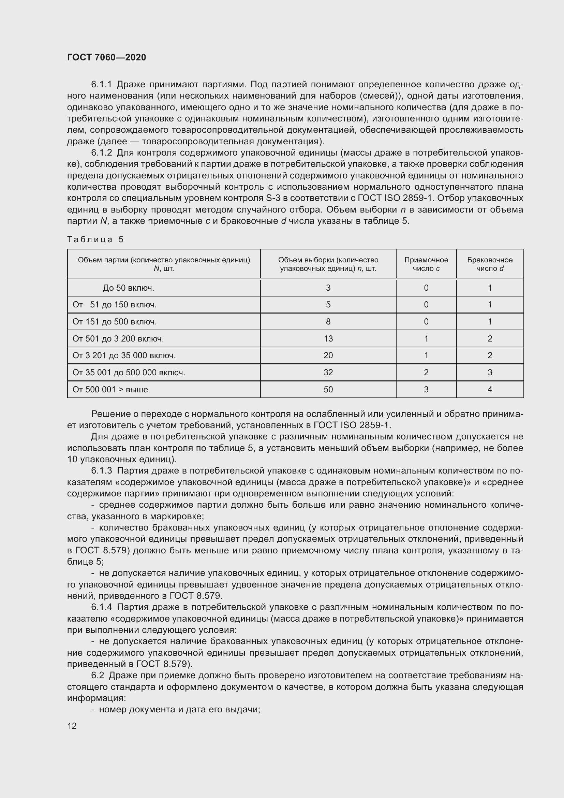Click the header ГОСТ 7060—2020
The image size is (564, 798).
[107, 57]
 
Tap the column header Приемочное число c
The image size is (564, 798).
[426, 264]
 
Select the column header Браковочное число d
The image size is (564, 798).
[490, 264]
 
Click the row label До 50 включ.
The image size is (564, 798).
[129, 288]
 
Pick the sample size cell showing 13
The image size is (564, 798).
[328, 338]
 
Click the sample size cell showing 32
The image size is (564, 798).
[328, 373]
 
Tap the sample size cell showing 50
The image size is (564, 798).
[328, 390]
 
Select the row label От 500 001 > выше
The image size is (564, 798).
[110, 390]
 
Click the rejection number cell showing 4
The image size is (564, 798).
[490, 390]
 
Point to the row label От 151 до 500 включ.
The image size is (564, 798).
[115, 322]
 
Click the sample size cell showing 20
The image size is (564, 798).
[328, 356]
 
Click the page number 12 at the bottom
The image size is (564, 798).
[72, 726]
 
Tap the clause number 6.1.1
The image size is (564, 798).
[101, 85]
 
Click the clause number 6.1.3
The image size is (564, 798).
[101, 471]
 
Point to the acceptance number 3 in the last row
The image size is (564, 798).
[426, 390]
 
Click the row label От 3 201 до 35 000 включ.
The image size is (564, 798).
[124, 356]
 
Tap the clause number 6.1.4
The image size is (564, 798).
[101, 607]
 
